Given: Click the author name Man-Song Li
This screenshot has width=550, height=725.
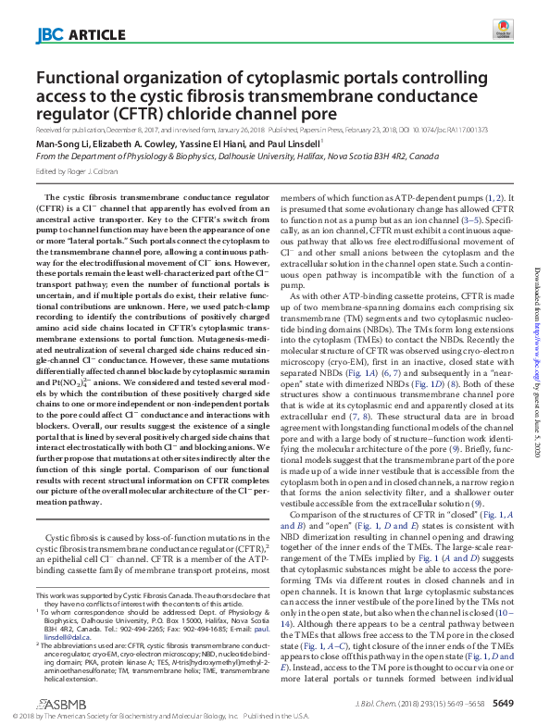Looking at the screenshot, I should pos(61,144).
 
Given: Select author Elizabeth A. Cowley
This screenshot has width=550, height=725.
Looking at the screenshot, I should pos(131,144).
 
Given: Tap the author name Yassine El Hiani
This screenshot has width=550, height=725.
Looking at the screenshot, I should pos(215,144).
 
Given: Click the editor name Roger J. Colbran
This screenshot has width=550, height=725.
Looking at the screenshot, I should pos(97,171).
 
